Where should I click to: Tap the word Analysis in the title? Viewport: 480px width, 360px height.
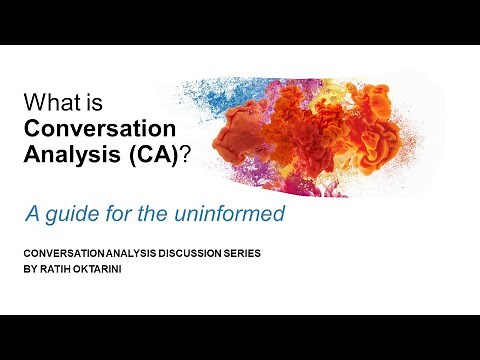65,154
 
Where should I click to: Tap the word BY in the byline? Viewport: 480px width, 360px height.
29,269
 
